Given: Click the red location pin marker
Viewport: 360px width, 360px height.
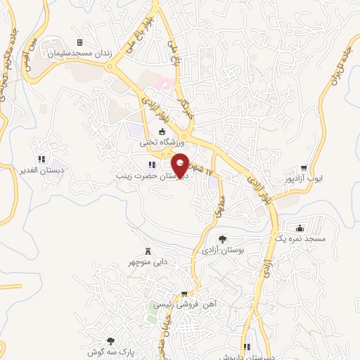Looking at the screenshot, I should pyautogui.click(x=181, y=164).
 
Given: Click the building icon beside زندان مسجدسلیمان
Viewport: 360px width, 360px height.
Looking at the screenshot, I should pyautogui.click(x=79, y=43).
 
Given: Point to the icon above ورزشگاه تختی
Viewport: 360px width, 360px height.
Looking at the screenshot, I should pyautogui.click(x=162, y=131).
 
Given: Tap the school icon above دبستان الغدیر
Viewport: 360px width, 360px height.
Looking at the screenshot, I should pyautogui.click(x=41, y=159).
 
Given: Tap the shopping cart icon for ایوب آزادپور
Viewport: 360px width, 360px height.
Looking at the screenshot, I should pyautogui.click(x=304, y=168).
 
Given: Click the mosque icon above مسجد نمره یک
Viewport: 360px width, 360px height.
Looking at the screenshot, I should pyautogui.click(x=300, y=228).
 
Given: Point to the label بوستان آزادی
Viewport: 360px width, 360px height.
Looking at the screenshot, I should pyautogui.click(x=221, y=250).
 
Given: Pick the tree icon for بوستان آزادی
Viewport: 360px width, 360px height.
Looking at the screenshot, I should pyautogui.click(x=222, y=239).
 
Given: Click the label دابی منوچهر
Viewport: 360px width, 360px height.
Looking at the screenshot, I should pyautogui.click(x=150, y=262).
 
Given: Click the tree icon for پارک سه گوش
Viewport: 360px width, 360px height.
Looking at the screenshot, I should pyautogui.click(x=110, y=340).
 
